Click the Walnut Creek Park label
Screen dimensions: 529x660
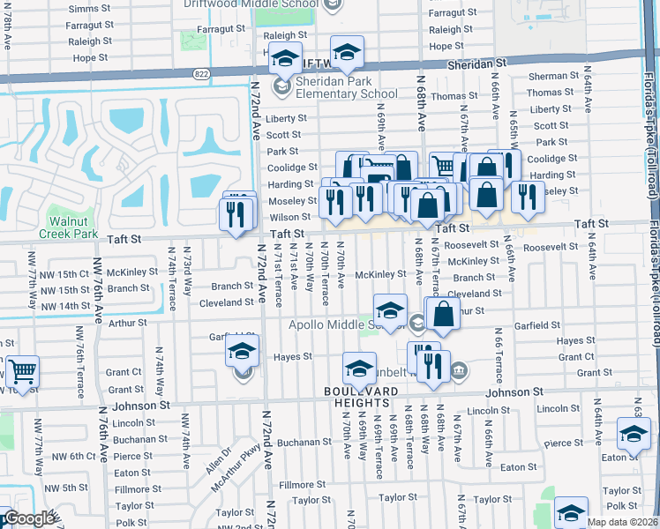74,227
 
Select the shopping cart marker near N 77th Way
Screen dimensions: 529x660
22,372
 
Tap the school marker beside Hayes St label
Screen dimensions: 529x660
241,354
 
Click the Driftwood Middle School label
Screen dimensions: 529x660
252,4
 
